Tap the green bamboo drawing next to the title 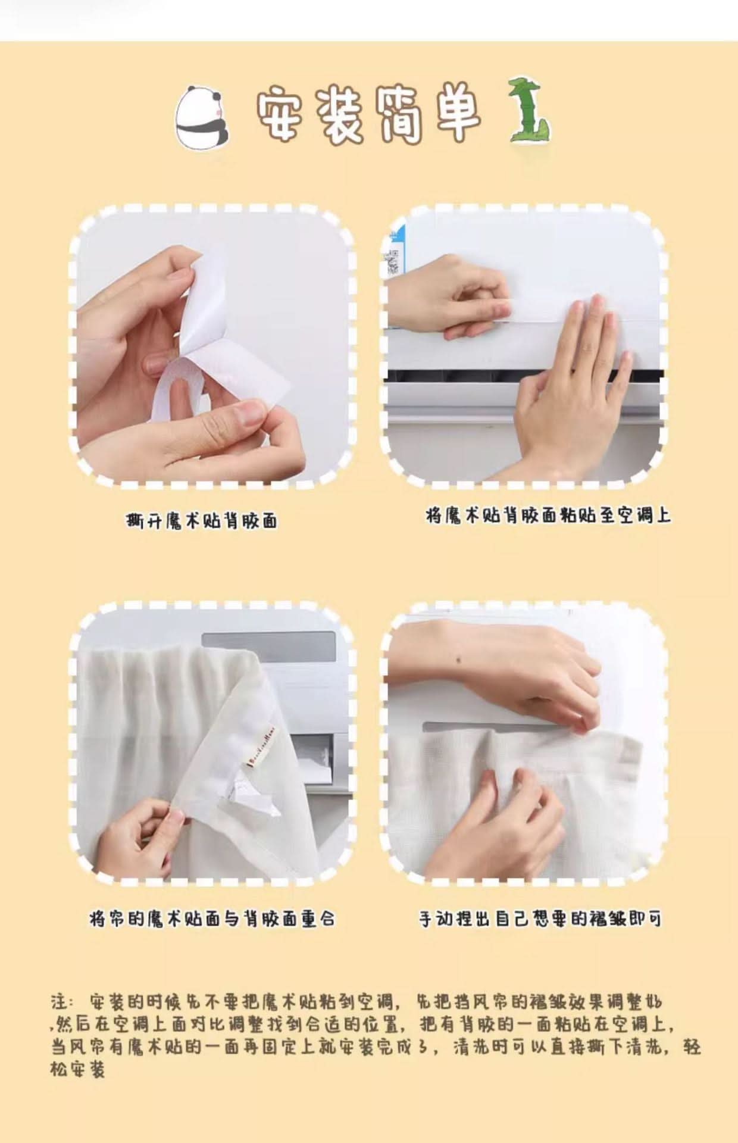[529, 111]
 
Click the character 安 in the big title [283, 114]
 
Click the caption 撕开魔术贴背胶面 [202, 521]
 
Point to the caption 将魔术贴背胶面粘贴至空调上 [548, 515]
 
